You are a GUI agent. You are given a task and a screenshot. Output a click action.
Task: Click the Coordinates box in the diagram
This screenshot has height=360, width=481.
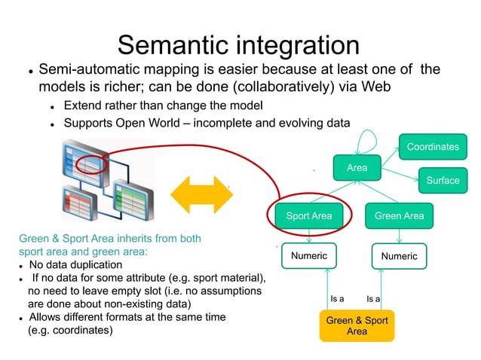(x=432, y=147)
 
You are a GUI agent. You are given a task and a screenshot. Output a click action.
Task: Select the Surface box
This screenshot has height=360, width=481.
(x=443, y=180)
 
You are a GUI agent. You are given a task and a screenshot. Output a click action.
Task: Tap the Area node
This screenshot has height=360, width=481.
(x=357, y=168)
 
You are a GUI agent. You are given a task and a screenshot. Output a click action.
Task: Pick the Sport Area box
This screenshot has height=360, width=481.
(x=309, y=216)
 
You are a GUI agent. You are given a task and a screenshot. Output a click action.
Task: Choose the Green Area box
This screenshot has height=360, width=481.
(x=399, y=216)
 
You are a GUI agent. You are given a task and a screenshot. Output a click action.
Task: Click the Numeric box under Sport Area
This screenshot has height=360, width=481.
(x=309, y=256)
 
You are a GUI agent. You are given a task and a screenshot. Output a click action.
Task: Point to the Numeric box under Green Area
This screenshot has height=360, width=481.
(x=399, y=256)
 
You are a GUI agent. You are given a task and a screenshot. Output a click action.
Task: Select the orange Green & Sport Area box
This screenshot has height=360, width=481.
(x=357, y=326)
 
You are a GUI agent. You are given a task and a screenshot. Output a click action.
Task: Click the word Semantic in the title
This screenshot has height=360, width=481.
(x=180, y=44)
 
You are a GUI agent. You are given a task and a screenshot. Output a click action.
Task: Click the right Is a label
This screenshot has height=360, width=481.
(x=373, y=299)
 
